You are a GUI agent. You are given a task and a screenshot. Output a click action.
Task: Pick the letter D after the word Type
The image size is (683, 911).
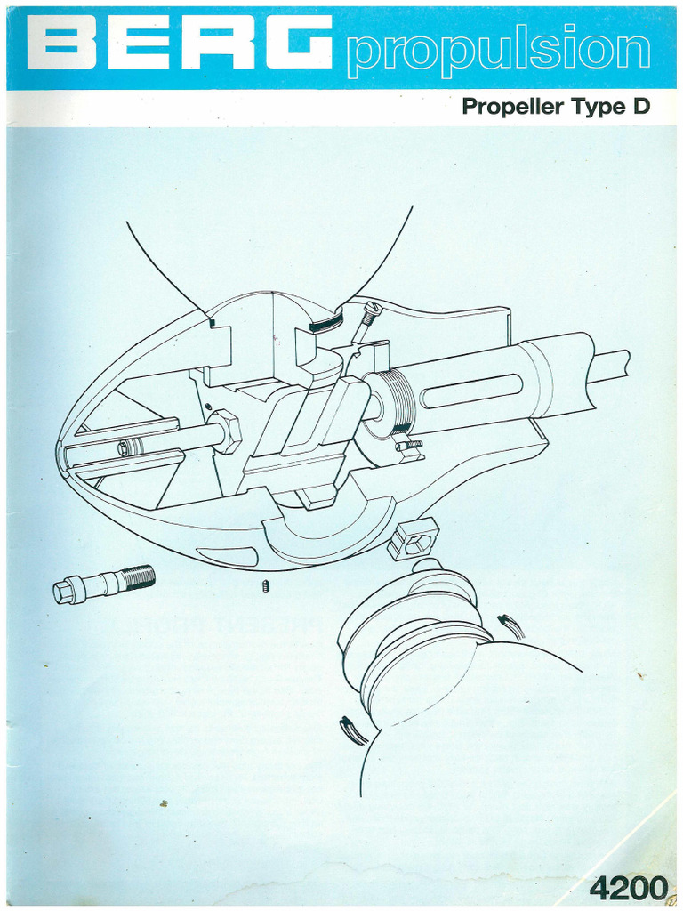(640, 108)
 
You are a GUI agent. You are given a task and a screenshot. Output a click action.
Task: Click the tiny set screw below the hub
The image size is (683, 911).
(266, 585)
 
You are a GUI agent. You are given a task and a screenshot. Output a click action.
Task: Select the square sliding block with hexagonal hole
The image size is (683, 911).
(414, 538)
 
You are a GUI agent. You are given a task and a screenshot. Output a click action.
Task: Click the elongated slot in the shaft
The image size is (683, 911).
(471, 391)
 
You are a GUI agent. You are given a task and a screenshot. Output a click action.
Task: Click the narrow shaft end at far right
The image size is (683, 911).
(613, 363)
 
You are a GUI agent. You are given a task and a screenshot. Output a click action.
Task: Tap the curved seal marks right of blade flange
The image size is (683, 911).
(511, 626)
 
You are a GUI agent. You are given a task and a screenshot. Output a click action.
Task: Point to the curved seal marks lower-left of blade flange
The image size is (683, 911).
(352, 730)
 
